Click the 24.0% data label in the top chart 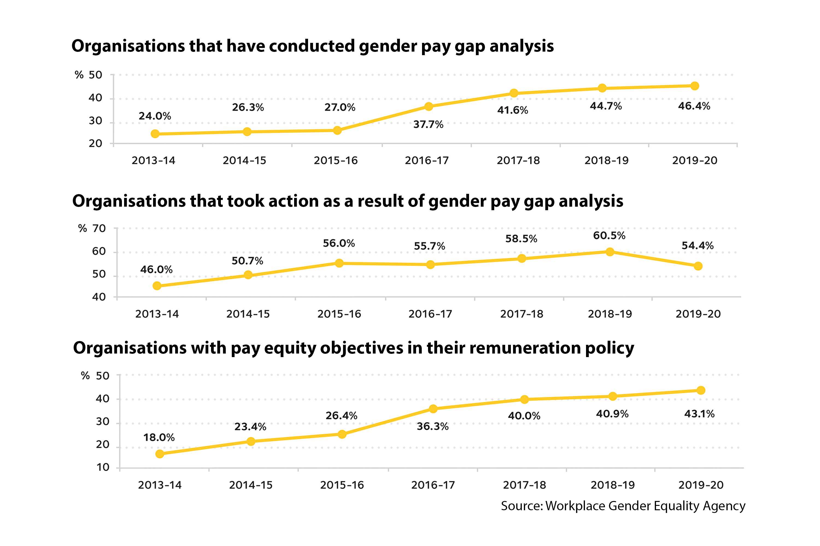point(155,116)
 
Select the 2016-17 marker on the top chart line point(429,106)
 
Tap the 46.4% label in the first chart point(694,106)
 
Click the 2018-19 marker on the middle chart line point(610,252)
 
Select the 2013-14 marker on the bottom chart point(160,454)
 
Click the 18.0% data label point(159,438)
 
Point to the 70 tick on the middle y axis point(99,229)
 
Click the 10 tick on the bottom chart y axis point(103,467)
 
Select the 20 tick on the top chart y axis point(95,144)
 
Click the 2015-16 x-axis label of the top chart point(336,161)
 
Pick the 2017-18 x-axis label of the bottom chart point(524,485)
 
